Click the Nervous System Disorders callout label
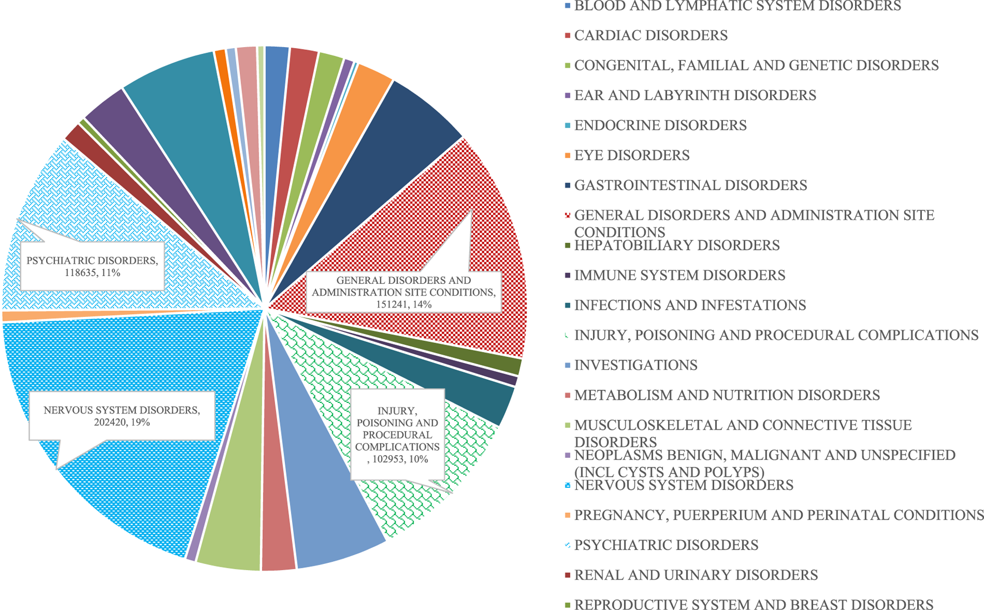click(122, 416)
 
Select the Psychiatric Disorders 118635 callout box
click(92, 266)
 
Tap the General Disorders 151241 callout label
click(404, 293)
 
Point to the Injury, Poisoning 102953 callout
click(397, 435)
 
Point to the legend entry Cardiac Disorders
click(651, 36)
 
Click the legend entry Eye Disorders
click(632, 155)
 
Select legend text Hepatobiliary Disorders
click(677, 245)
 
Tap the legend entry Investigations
click(636, 365)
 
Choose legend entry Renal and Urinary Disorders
click(696, 575)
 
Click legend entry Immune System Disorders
click(680, 275)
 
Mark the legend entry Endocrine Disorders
click(660, 125)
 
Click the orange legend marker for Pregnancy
click(568, 516)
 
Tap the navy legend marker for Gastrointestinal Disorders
click(568, 185)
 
